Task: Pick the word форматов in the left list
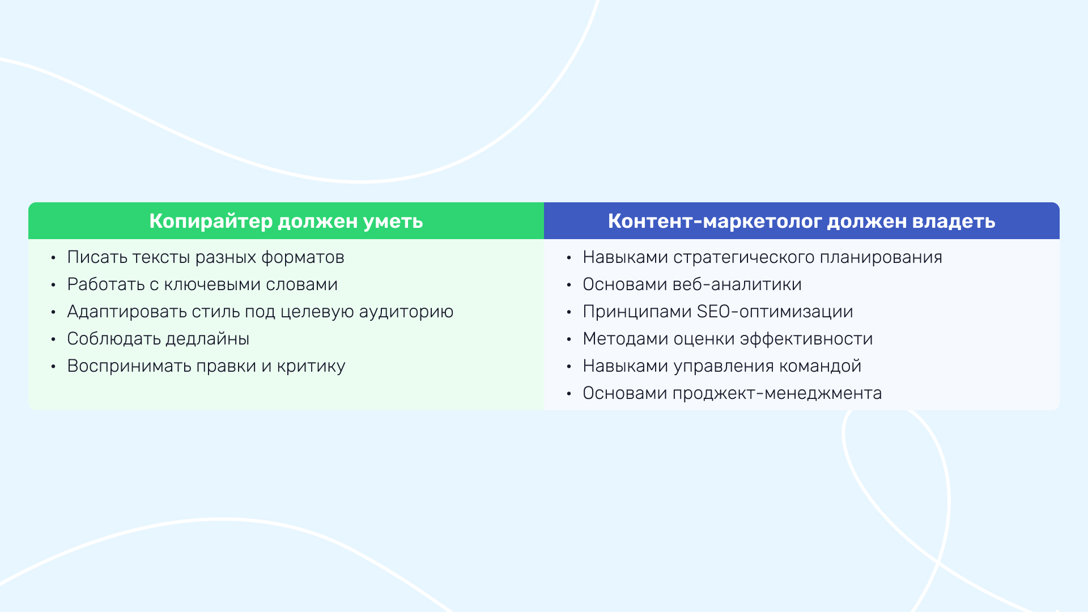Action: click(x=303, y=258)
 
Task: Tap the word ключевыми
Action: click(x=212, y=284)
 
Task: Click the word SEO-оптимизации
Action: click(x=775, y=312)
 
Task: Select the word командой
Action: click(x=821, y=367)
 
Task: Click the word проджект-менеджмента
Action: click(x=777, y=394)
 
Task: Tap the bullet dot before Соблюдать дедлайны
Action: click(x=53, y=339)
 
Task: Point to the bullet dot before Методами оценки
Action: click(x=569, y=339)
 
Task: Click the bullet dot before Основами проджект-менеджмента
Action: click(x=569, y=394)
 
